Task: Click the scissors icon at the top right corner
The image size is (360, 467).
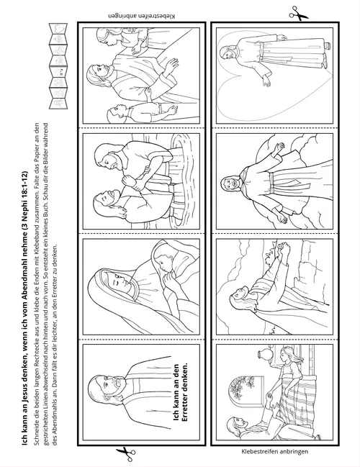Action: [298, 14]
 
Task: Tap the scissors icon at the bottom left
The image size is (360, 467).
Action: [125, 454]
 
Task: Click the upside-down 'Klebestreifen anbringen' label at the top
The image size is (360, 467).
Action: [142, 16]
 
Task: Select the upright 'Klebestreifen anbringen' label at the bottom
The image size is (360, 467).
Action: [275, 451]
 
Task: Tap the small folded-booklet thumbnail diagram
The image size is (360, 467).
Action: [58, 66]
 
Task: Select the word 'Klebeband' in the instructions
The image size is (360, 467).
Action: [37, 208]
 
